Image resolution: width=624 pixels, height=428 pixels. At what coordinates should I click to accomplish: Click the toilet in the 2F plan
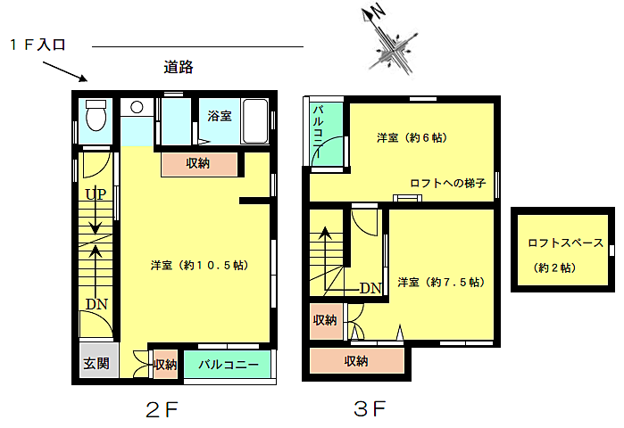tap(96, 115)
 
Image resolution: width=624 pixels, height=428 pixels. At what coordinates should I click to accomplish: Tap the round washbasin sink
tap(137, 107)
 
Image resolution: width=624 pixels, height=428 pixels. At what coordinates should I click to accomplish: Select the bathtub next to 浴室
tap(254, 120)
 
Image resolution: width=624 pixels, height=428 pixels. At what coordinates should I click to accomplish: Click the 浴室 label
tap(220, 116)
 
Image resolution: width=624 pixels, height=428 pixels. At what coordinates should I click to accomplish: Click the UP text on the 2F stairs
tap(96, 194)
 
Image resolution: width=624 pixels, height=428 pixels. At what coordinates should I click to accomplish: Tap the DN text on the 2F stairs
tap(96, 304)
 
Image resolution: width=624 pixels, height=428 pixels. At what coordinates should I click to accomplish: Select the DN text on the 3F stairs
tap(370, 288)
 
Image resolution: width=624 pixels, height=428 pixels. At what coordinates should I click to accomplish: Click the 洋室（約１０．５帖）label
tap(200, 265)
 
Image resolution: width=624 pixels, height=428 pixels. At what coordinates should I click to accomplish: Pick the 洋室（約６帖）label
tap(412, 138)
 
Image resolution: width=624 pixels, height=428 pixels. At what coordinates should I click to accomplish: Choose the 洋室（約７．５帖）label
tap(441, 282)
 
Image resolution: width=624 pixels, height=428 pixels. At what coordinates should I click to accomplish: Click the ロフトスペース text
tap(565, 243)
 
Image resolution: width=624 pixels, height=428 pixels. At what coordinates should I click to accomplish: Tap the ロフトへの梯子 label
tap(448, 183)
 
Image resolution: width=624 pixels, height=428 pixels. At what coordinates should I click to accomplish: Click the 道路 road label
tap(179, 67)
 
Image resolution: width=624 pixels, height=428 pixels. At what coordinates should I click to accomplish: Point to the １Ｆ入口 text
tap(37, 45)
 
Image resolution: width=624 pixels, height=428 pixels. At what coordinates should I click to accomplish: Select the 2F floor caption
tap(162, 409)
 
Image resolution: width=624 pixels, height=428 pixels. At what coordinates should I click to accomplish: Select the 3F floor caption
tap(370, 408)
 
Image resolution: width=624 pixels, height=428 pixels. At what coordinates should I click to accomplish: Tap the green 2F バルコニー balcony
tap(228, 364)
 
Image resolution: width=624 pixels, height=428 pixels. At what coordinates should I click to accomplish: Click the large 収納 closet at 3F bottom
tap(357, 361)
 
